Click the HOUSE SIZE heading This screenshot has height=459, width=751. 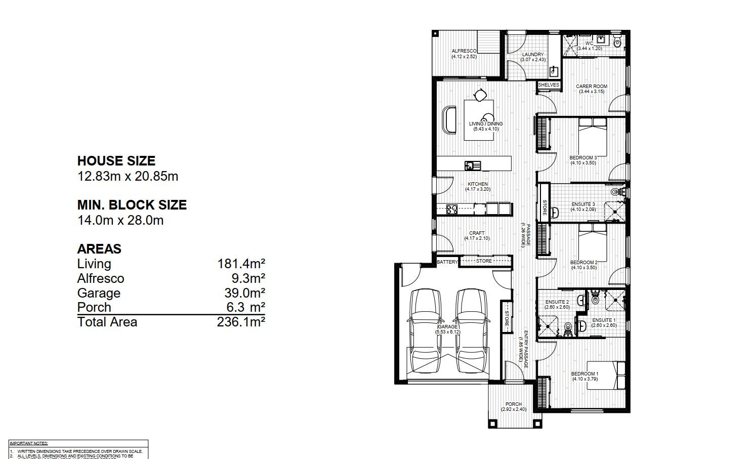[116, 161]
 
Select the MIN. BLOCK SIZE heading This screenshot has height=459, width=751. [132, 205]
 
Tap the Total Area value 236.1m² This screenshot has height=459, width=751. [241, 322]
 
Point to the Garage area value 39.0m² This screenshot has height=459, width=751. [245, 293]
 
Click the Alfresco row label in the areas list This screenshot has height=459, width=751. [100, 278]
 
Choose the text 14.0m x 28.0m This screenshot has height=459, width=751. [120, 220]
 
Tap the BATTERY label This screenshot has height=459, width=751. [447, 262]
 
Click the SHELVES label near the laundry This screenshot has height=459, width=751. [549, 85]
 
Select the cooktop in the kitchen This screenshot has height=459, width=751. [98, 207]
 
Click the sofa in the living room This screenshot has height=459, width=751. [449, 120]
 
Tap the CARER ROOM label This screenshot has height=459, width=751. [591, 87]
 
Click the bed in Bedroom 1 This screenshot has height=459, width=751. [606, 375]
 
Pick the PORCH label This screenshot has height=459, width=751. [514, 404]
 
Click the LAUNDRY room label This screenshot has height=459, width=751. [533, 55]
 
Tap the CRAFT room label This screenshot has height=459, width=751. [477, 233]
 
